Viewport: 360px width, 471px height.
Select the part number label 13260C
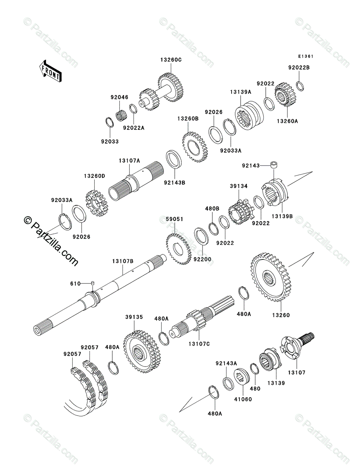coord(171,60)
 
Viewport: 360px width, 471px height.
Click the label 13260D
coord(95,176)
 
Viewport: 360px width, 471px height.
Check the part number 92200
coord(203,260)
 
